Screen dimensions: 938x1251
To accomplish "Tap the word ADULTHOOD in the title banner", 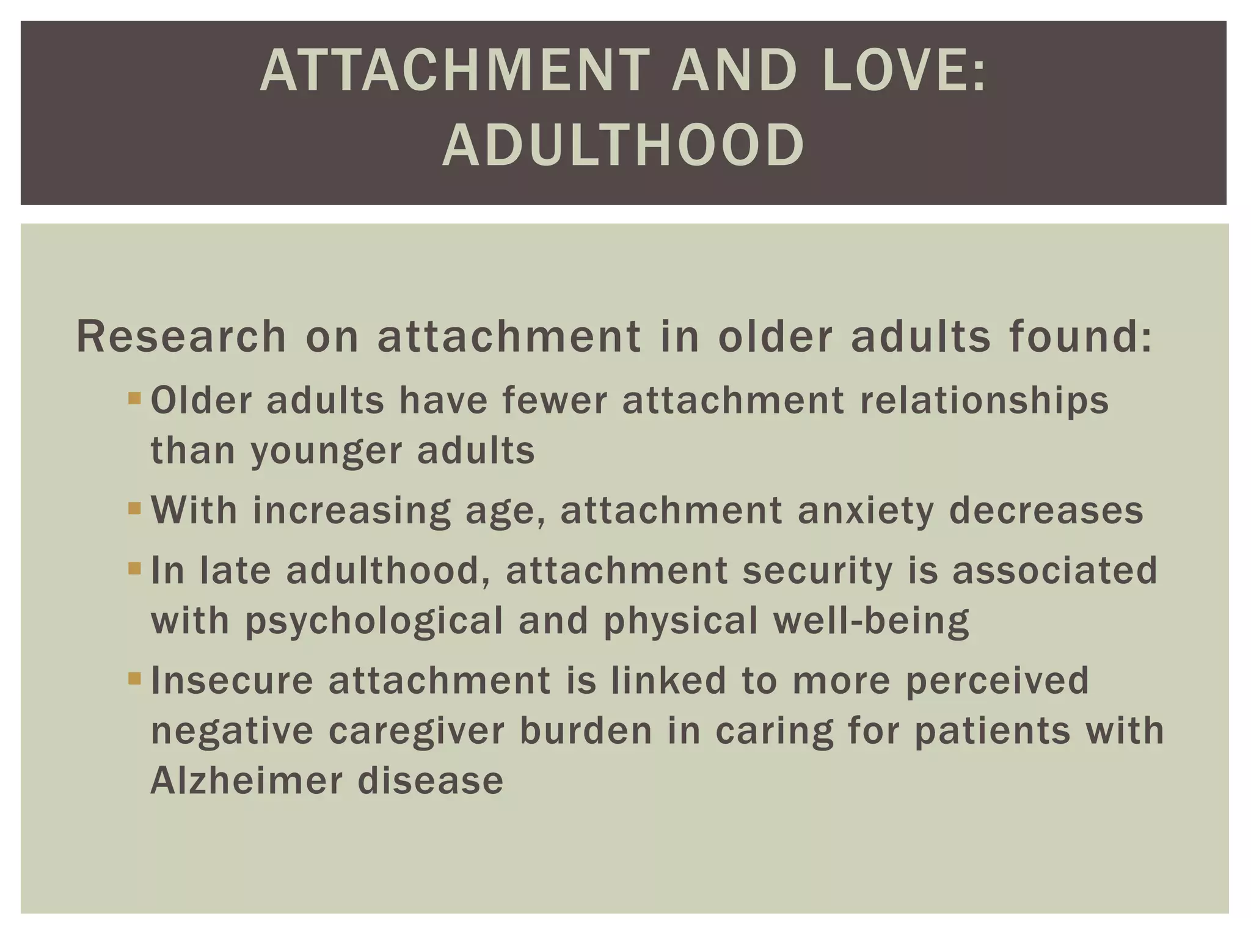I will [623, 145].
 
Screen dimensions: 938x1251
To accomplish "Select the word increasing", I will [351, 511].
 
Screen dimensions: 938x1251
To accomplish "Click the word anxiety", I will [866, 511].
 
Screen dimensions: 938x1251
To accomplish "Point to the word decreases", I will [1046, 511].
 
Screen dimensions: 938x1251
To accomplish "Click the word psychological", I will [374, 621].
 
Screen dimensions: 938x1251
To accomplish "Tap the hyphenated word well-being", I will [870, 621].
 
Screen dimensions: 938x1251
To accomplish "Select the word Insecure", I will [232, 680].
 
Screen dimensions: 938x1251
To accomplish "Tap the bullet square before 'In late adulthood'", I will [134, 569].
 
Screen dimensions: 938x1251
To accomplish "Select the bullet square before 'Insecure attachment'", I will [134, 678].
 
